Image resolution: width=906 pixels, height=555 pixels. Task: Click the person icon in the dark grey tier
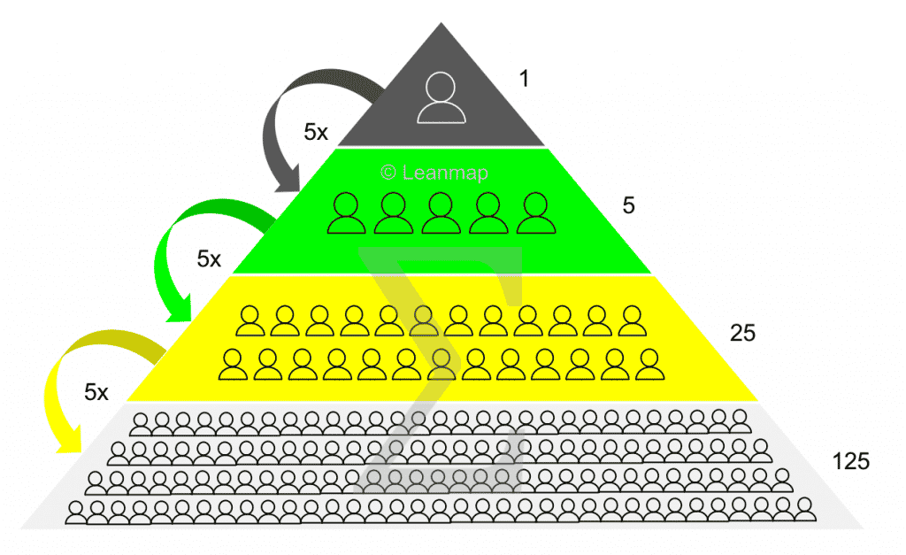(441, 96)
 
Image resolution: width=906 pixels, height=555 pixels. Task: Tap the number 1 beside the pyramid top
(524, 79)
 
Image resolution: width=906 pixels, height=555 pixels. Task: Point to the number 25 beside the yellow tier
(743, 333)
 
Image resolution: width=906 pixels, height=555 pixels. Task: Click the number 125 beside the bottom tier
(851, 460)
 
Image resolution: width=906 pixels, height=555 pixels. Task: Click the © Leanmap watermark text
(434, 173)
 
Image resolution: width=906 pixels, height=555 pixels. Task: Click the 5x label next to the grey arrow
(316, 133)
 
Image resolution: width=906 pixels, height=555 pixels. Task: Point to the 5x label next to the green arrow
(209, 259)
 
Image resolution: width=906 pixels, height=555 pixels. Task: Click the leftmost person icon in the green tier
(345, 214)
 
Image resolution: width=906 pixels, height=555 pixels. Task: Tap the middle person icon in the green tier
(440, 214)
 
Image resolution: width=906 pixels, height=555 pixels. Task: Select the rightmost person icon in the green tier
(534, 214)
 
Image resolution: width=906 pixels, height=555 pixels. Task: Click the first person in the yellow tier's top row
(250, 321)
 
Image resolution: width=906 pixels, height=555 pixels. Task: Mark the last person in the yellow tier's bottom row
(650, 364)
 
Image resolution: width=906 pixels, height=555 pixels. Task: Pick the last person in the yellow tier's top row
(630, 321)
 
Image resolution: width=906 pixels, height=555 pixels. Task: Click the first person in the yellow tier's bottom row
(233, 364)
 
